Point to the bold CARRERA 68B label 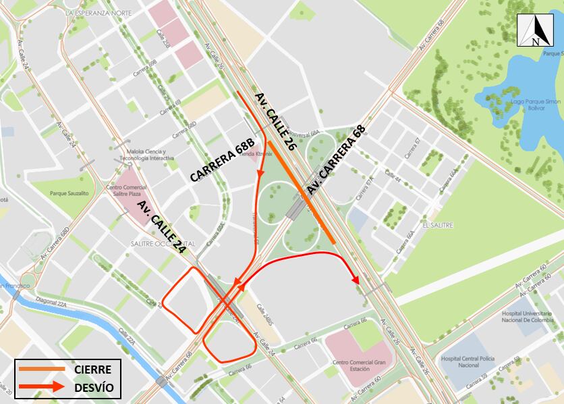point(223,160)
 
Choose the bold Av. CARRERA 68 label point(336,159)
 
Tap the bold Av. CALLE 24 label point(161,226)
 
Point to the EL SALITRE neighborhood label point(438,224)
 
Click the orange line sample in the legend point(41,369)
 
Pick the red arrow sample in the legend point(41,388)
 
